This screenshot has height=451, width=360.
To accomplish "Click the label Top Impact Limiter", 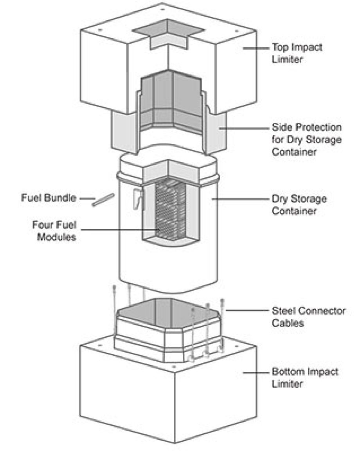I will point(297,54).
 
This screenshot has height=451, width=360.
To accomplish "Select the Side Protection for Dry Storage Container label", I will point(306,140).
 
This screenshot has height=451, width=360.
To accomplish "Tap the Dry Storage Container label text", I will point(299,205).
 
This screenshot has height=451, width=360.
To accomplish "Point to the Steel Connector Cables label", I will point(309,317).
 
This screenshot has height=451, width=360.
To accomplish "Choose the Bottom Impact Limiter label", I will point(305,377).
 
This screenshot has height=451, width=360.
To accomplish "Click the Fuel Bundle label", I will point(48,198).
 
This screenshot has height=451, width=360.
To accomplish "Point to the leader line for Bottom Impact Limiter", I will point(256,372).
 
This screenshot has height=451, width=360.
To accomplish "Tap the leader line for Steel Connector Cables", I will point(247,311).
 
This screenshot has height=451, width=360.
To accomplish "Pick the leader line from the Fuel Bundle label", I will point(86,198).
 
